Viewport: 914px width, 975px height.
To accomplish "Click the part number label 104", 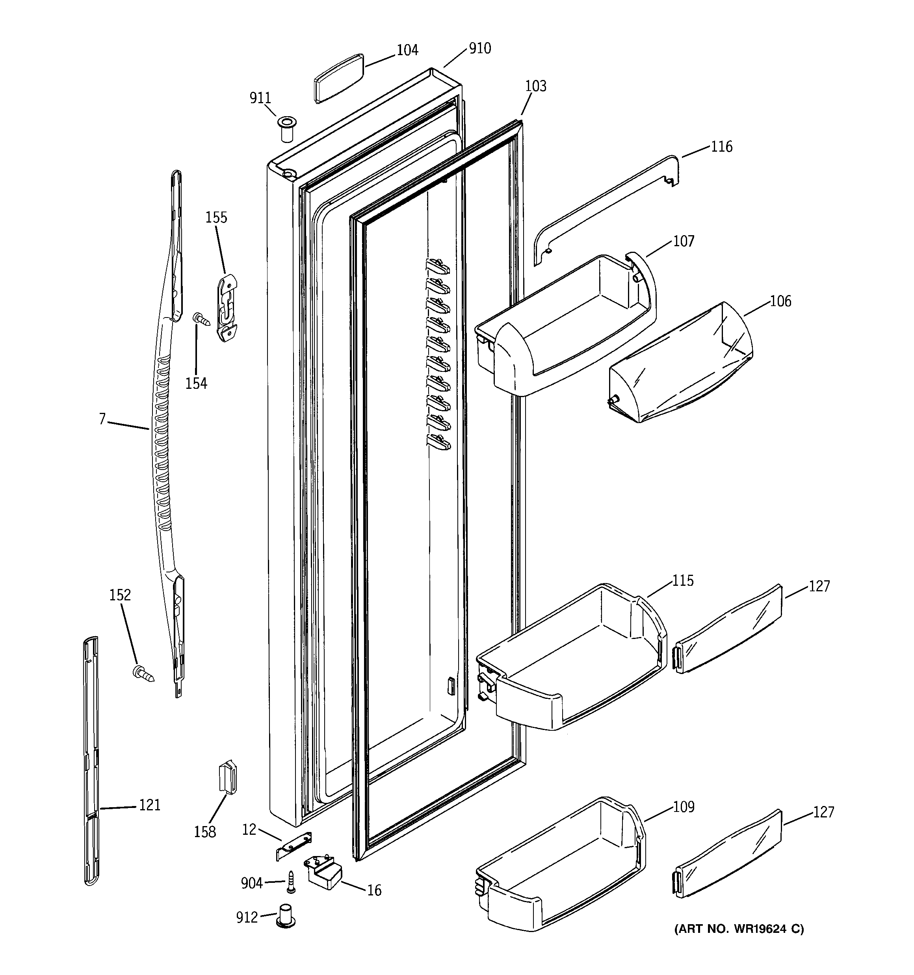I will [x=407, y=50].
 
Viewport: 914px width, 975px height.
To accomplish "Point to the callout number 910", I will [x=479, y=48].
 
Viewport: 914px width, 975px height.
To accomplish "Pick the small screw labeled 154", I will [x=201, y=319].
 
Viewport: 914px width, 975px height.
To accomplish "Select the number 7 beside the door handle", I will [x=102, y=419].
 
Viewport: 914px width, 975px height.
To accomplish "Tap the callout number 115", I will [x=682, y=581].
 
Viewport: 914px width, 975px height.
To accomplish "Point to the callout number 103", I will [x=535, y=86].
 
